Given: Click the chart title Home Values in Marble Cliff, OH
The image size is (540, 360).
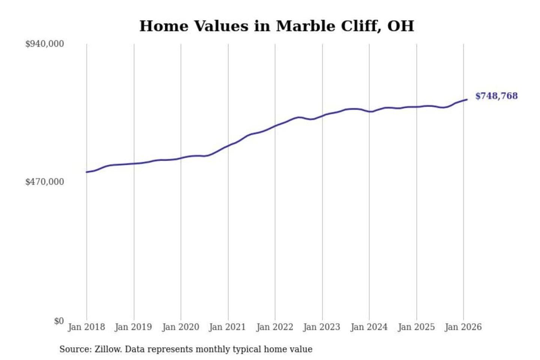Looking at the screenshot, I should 277,26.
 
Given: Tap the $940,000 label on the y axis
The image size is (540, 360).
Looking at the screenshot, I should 45,44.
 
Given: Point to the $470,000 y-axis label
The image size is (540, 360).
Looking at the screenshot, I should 45,182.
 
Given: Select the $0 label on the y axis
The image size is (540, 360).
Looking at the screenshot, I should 59,321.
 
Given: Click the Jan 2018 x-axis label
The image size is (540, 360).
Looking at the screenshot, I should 86,327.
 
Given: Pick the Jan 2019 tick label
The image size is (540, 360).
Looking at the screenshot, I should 133,327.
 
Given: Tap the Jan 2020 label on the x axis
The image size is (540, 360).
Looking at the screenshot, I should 180,327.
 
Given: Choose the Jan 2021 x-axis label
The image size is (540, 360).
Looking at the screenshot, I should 227,327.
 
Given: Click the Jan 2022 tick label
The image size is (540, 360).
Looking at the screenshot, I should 274,327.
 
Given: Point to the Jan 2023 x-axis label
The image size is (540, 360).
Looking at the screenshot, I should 321,327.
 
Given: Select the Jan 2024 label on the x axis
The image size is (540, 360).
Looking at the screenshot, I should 369,327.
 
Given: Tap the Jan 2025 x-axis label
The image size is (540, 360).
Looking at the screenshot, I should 416,327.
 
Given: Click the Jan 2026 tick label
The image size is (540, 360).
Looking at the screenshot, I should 463,327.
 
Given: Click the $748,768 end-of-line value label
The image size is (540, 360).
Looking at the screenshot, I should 496,96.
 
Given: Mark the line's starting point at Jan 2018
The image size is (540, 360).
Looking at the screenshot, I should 87,172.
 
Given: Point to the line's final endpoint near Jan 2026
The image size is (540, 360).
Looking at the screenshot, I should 467,99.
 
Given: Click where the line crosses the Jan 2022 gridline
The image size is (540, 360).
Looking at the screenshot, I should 275,126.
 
